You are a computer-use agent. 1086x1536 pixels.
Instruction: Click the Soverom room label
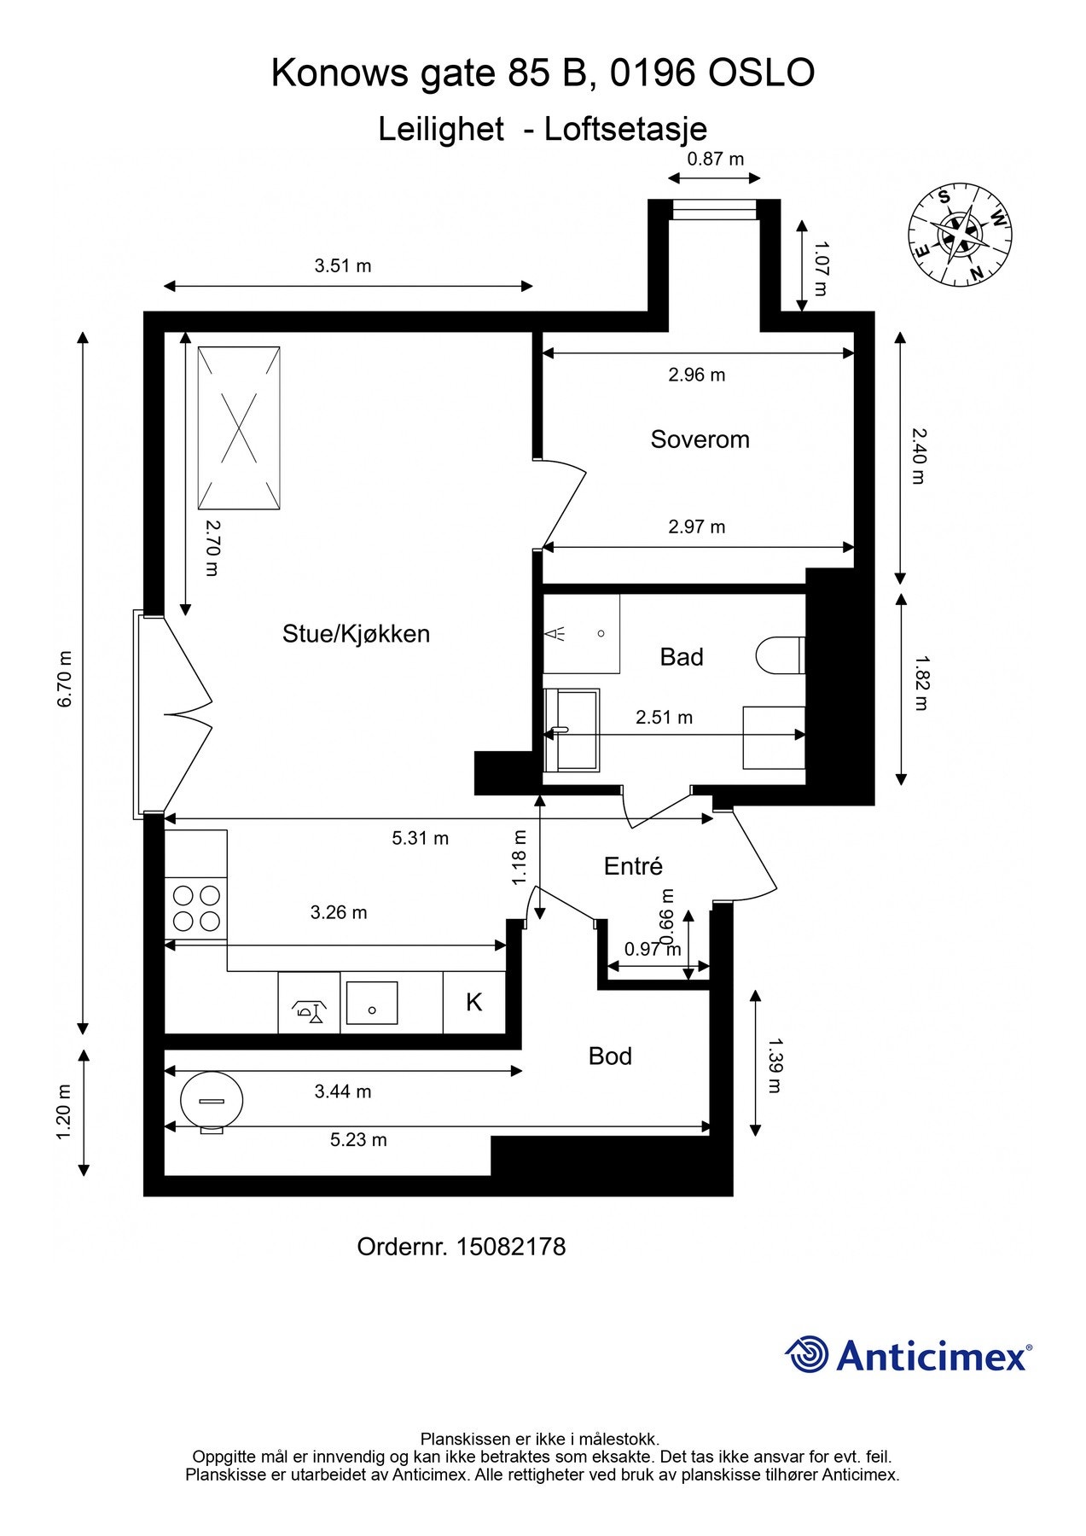pos(700,439)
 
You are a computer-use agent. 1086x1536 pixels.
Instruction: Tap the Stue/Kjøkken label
pos(356,634)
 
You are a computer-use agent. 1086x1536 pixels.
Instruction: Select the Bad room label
pos(682,657)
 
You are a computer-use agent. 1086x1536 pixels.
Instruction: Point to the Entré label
pos(633,866)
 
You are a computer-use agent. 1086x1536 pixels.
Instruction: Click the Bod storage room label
pos(610,1056)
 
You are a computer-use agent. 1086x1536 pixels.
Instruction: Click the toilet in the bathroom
pos(781,655)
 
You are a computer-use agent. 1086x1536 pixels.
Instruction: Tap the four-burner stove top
pos(196,908)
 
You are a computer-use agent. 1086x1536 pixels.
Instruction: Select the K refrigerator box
pos(474,1002)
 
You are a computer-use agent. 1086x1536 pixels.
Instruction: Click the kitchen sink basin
pos(372,1003)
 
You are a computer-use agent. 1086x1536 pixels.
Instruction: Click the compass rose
pos(961,234)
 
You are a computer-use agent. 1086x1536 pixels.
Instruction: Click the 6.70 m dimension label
pos(63,679)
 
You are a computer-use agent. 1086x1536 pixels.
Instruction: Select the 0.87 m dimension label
pos(716,159)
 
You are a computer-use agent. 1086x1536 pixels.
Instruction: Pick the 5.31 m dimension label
pos(420,839)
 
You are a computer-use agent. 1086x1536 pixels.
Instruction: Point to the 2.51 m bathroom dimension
pos(664,718)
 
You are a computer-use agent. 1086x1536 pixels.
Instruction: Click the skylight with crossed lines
pos(239,428)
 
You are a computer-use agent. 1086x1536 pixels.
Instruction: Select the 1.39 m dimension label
pos(775,1065)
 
